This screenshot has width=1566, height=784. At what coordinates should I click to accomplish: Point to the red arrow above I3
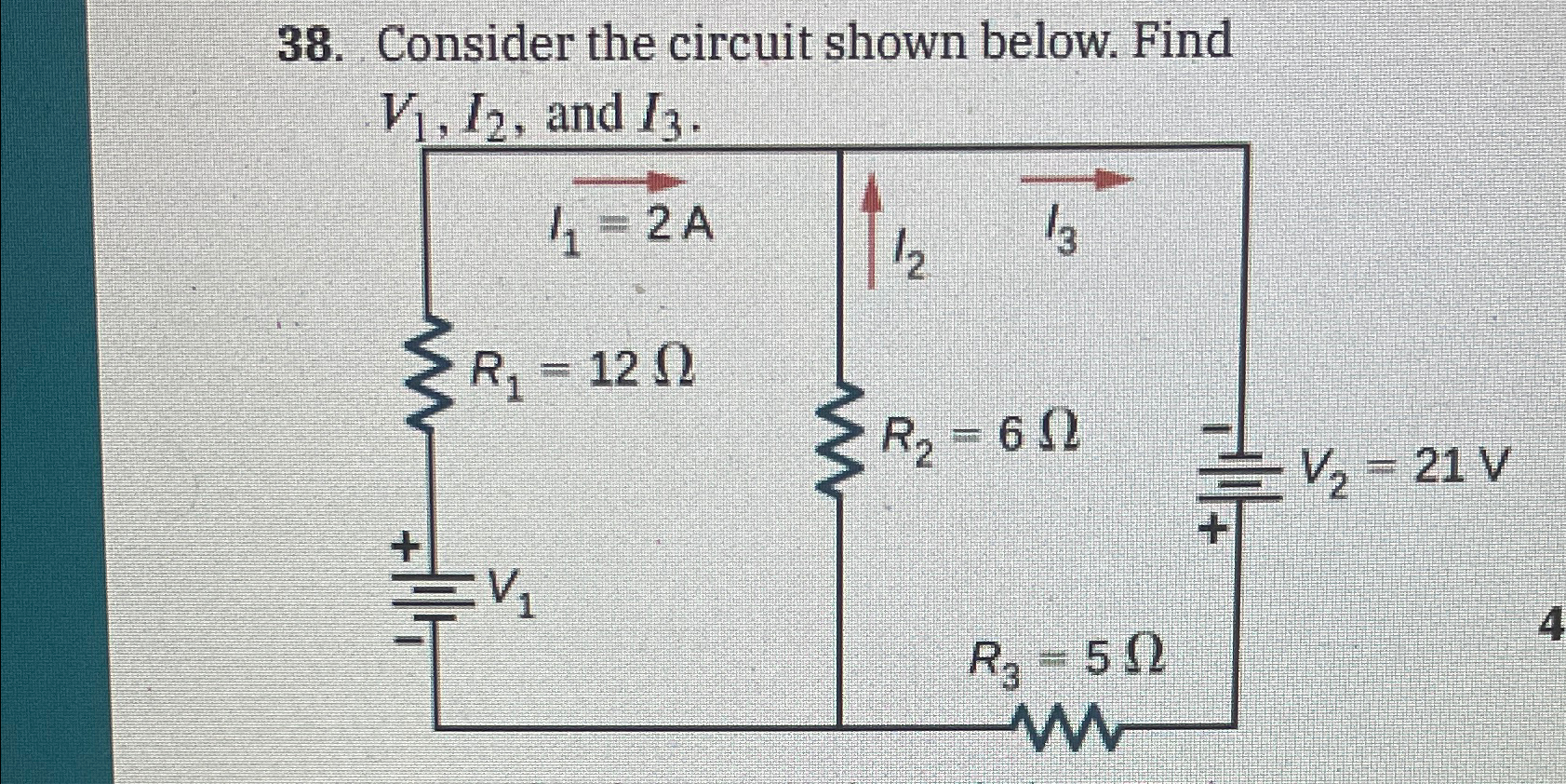[x=1077, y=179]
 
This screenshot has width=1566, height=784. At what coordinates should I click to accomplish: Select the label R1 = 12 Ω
[x=582, y=372]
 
